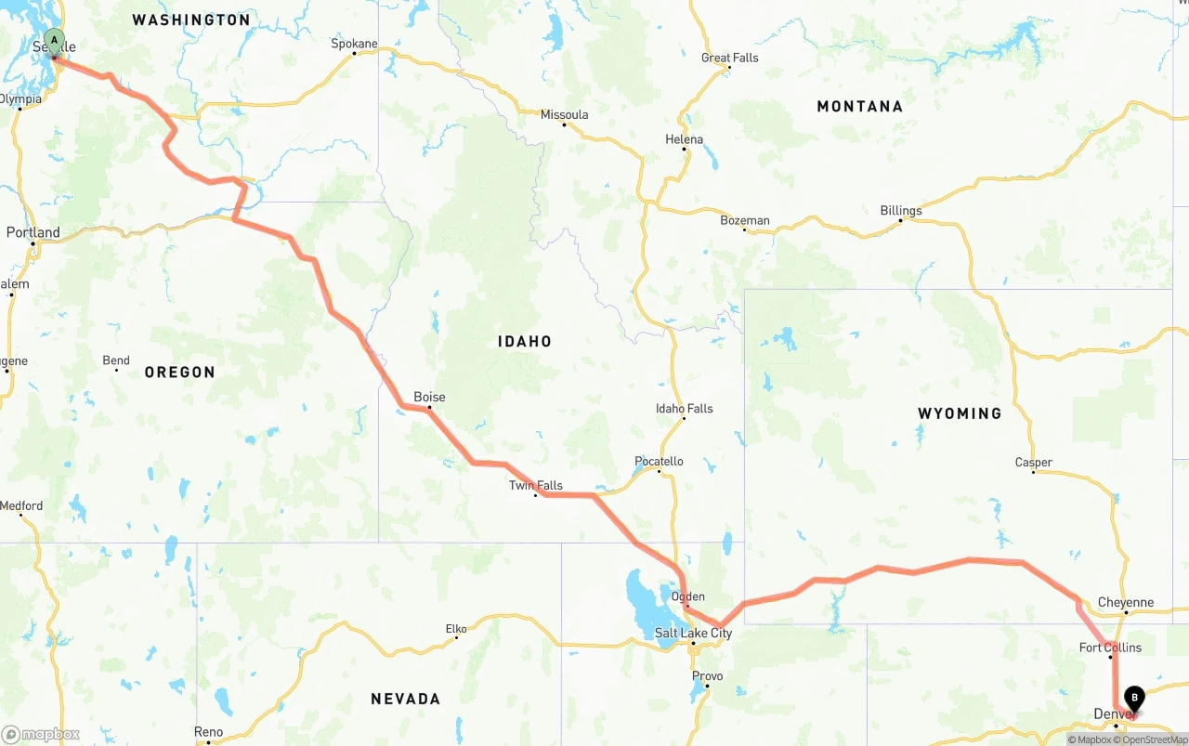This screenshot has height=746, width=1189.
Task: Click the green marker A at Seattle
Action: pos(54,42)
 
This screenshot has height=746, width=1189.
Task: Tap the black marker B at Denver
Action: pos(1134,698)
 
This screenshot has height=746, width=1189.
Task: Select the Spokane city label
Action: pos(355,44)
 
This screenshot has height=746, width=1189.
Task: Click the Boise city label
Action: pos(429,397)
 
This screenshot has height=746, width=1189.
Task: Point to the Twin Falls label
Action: pos(535,485)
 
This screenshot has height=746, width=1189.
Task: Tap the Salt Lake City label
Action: pos(693,634)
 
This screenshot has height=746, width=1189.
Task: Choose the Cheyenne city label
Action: pos(1125,602)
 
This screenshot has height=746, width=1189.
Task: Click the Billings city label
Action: pos(901,210)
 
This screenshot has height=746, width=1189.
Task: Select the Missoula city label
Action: pos(564,114)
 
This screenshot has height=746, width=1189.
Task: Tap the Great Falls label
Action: pos(729,58)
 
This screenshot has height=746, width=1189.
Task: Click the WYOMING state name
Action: pos(960,413)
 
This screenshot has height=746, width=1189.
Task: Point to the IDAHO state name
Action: pos(525,341)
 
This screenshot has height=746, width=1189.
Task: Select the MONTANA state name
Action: pos(859,106)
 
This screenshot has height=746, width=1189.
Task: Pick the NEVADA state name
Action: pos(405,699)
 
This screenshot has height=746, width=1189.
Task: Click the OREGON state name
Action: pos(179,372)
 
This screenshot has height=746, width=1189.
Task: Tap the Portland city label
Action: pos(33,232)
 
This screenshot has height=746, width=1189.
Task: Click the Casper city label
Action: pos(1033,462)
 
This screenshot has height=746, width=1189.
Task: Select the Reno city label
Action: pos(208,732)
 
